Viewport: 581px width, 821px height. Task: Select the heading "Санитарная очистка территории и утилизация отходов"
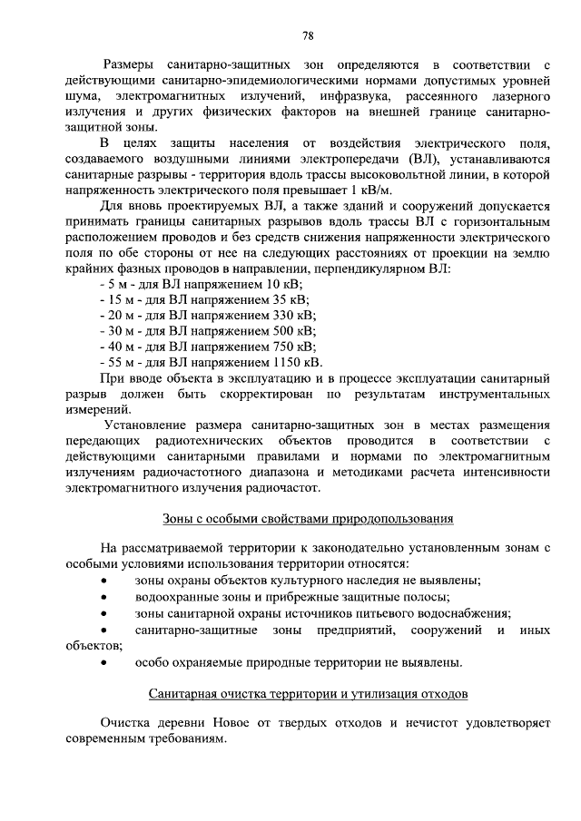coord(308,694)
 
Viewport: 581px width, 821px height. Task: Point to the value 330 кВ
coord(295,314)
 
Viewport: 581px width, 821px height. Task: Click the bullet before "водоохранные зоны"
coord(105,597)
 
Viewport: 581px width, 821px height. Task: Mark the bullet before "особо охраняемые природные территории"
coord(105,662)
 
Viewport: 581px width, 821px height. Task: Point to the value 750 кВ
coord(295,347)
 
